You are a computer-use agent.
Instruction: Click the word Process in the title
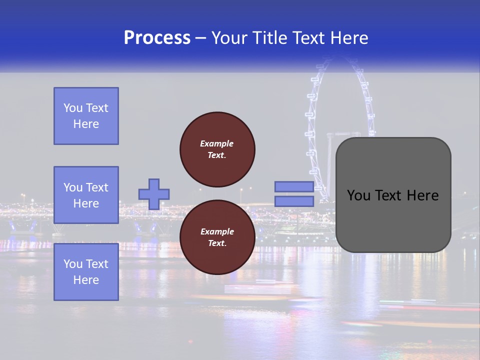tap(157, 38)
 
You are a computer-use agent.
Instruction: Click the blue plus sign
tap(154, 194)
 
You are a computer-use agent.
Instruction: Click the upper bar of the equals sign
tap(294, 186)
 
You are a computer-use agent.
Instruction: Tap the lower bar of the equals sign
tap(294, 201)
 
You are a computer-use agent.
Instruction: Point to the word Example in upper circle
tap(216, 143)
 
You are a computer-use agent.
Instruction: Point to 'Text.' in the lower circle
tap(217, 243)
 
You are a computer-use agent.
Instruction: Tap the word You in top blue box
tap(72, 108)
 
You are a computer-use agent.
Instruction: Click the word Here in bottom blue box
tap(86, 280)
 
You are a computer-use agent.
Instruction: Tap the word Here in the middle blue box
tap(86, 203)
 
